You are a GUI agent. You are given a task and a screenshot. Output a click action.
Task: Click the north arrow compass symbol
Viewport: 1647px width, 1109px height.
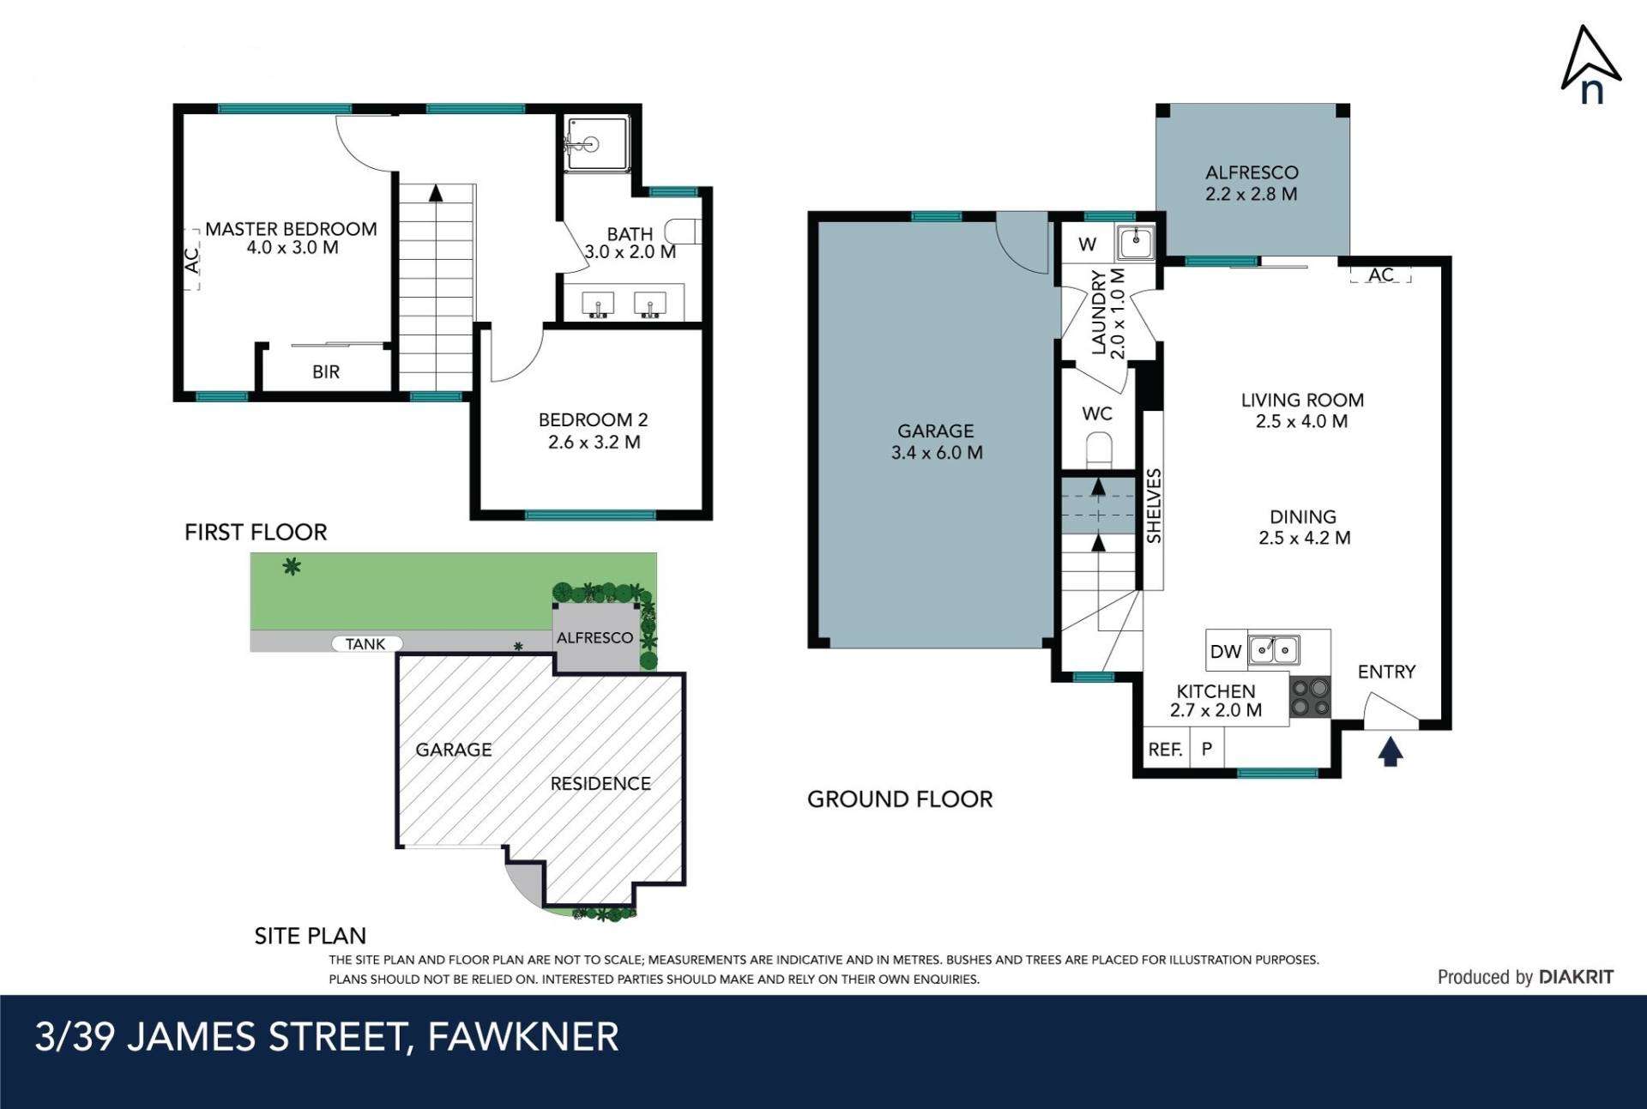1590,64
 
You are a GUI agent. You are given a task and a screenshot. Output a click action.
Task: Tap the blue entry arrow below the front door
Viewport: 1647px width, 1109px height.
1391,752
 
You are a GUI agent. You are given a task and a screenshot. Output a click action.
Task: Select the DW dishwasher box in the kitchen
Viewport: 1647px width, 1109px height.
1226,651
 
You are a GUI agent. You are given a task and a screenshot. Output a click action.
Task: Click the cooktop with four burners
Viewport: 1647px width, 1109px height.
1310,696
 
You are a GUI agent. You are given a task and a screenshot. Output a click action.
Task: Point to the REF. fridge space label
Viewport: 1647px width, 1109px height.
1165,750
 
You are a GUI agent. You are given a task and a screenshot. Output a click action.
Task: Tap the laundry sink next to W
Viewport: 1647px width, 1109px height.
1135,242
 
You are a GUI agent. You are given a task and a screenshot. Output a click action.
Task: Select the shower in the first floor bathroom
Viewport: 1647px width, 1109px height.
596,143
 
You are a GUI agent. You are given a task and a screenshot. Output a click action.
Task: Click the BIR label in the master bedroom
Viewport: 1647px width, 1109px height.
326,372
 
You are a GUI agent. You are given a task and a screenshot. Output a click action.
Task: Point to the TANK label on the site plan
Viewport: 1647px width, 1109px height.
365,644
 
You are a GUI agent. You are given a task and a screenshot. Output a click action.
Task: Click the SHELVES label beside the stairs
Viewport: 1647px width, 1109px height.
1154,506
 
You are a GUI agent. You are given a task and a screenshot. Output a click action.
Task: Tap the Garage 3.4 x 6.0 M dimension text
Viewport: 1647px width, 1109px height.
937,453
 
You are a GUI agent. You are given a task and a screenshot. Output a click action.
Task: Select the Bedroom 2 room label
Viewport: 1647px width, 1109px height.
593,420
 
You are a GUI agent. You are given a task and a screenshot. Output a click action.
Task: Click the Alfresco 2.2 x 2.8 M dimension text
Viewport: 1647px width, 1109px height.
1251,194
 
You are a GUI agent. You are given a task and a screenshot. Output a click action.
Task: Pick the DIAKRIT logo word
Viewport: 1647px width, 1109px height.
1577,977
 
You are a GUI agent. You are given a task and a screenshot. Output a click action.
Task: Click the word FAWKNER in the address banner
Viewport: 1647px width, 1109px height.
523,1037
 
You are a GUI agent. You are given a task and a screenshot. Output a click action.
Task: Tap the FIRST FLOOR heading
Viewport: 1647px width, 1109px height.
256,533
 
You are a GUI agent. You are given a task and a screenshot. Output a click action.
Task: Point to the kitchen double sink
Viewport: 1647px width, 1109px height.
1274,650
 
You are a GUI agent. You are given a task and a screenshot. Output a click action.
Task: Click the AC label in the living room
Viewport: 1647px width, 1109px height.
1381,275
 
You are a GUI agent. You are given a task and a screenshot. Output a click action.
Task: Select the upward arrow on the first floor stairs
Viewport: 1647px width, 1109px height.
436,193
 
